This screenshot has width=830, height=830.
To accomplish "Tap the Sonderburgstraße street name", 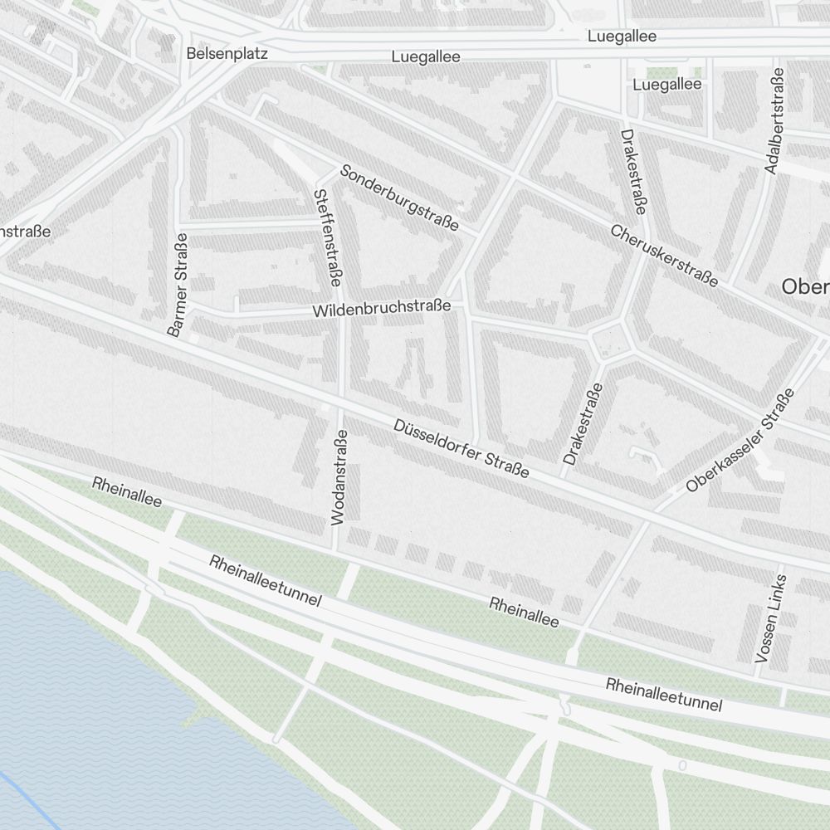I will point(399,198).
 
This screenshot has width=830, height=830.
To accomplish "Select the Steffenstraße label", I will point(326,238).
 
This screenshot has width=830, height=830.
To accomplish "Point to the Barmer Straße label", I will point(178,285).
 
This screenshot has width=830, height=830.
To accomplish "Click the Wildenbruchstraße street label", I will point(382,308).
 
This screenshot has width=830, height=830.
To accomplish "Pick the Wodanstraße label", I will point(339,476).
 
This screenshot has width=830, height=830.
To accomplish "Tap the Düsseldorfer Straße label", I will point(461,448).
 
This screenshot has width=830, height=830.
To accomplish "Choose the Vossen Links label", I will point(769,618).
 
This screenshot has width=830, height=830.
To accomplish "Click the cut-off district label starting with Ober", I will point(805,286).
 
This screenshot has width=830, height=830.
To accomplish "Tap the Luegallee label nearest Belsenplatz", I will point(426,57).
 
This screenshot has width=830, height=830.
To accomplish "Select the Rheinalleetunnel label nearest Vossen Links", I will point(664,695).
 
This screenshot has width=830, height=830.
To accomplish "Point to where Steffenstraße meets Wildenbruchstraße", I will point(341,313).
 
